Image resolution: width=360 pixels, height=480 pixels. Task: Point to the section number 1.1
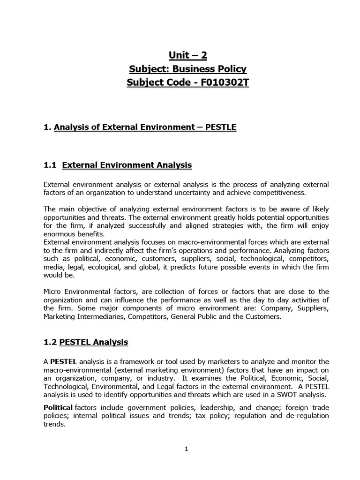(49, 165)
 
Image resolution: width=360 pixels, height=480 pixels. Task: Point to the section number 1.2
(49, 342)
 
